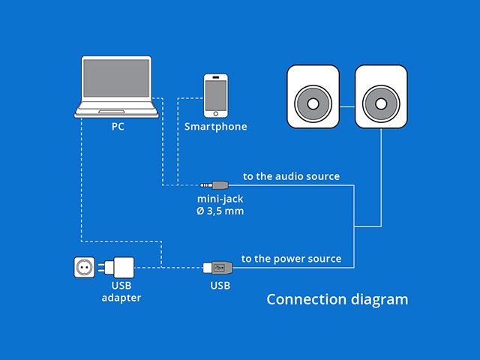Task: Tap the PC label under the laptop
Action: [x=118, y=127]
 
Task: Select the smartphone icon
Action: [x=216, y=94]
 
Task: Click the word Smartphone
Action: [x=216, y=127]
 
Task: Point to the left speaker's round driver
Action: [x=313, y=103]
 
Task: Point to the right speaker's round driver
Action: [x=380, y=103]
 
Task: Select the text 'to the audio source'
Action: [x=291, y=177]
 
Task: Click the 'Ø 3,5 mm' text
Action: [x=220, y=211]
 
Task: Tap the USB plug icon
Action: [x=215, y=267]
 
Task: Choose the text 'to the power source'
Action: [x=291, y=259]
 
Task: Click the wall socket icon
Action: [x=85, y=267]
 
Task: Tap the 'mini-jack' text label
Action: [x=220, y=199]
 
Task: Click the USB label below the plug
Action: [x=220, y=286]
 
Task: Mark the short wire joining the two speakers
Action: [x=347, y=106]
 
